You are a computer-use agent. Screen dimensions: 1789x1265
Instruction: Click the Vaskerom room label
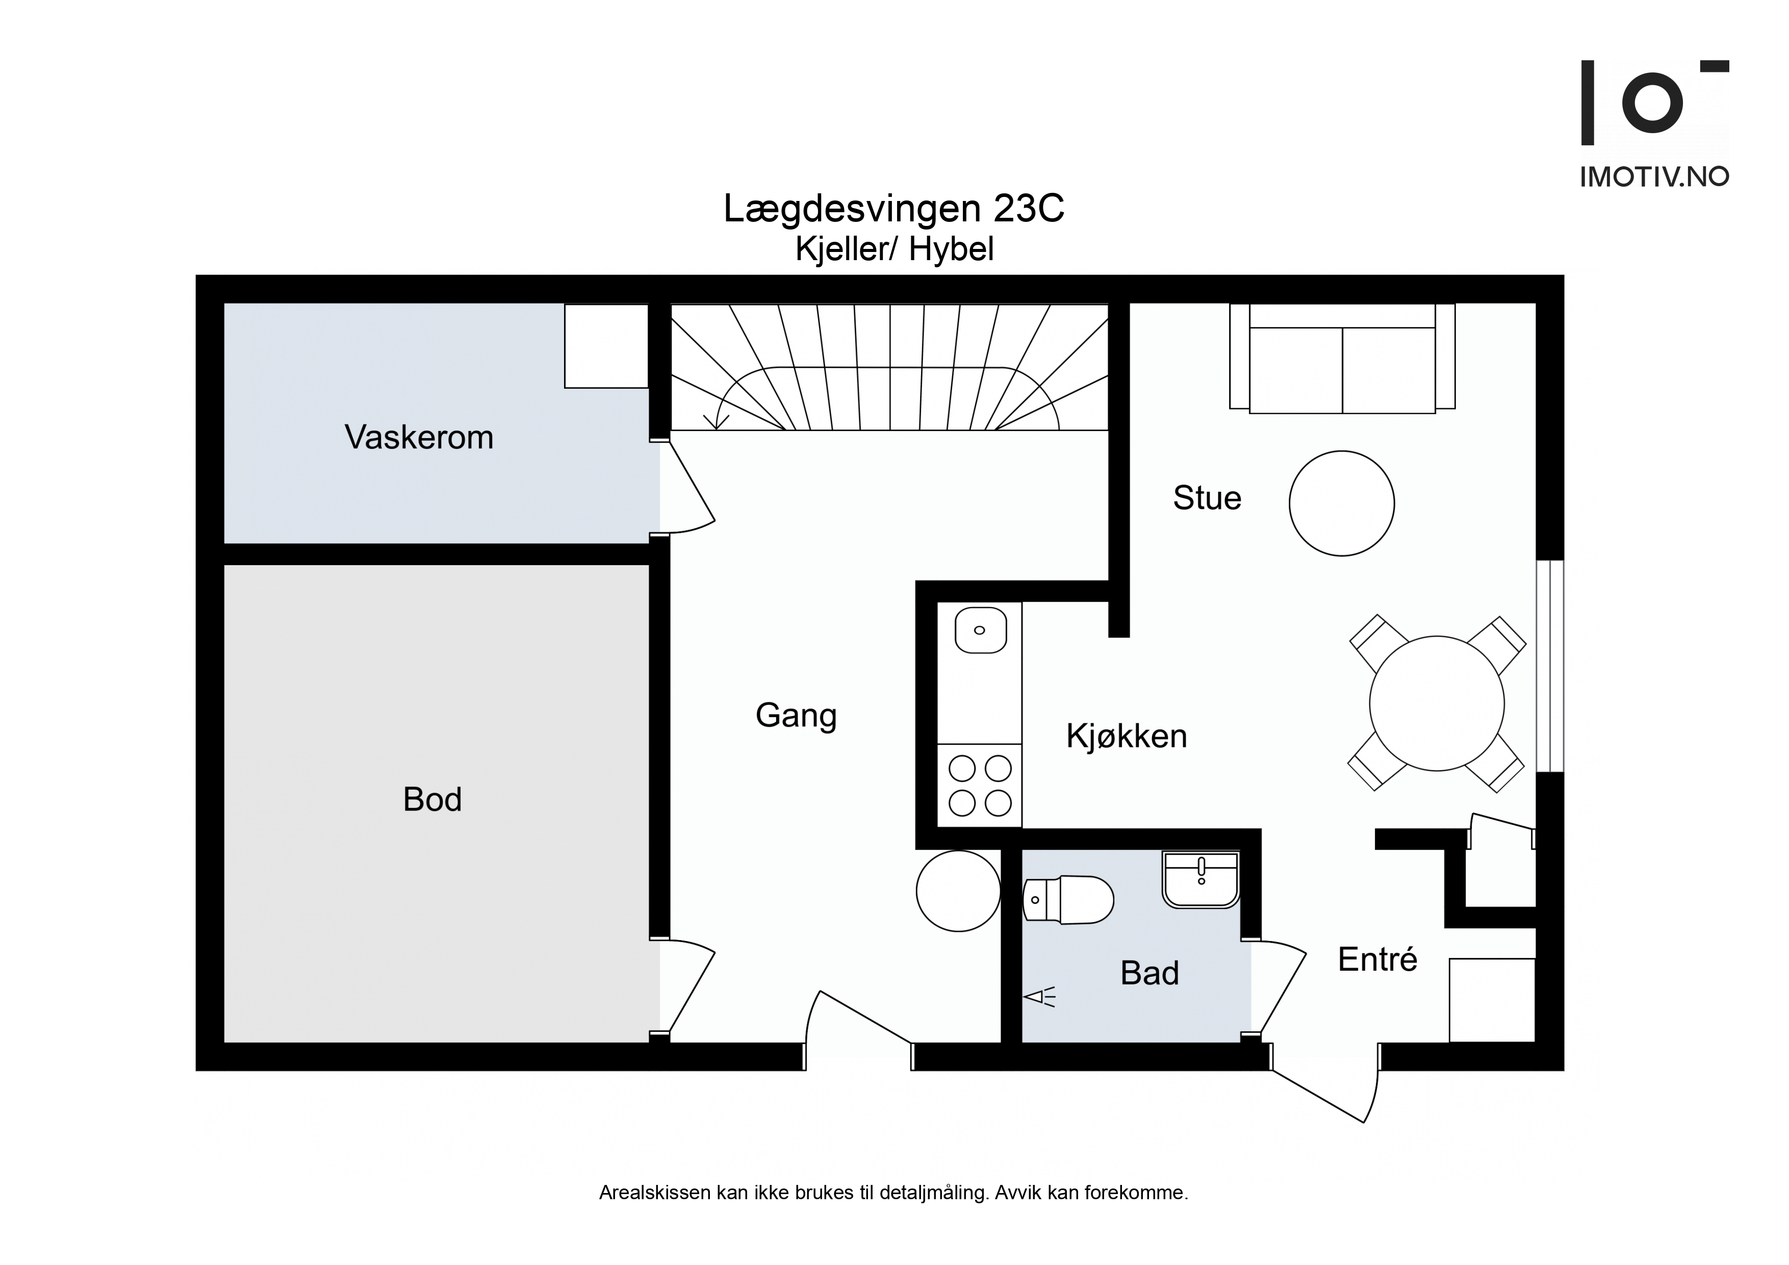pyautogui.click(x=419, y=437)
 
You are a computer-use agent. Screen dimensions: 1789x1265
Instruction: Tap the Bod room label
pyautogui.click(x=432, y=800)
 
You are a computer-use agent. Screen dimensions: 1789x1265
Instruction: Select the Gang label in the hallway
pyautogui.click(x=796, y=716)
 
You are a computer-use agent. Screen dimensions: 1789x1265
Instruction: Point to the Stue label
pyautogui.click(x=1207, y=498)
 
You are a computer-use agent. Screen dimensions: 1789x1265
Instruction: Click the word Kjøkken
pyautogui.click(x=1127, y=736)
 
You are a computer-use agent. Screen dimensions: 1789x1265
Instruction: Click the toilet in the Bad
pyautogui.click(x=1067, y=900)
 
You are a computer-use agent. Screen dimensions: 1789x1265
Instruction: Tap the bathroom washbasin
pyautogui.click(x=1200, y=880)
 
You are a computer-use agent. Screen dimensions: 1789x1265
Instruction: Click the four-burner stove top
pyautogui.click(x=980, y=786)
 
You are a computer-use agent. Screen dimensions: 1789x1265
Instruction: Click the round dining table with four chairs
pyautogui.click(x=1437, y=703)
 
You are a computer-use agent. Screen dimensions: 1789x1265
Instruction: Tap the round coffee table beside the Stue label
pyautogui.click(x=1342, y=503)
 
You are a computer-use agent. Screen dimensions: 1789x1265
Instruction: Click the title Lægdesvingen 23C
pyautogui.click(x=893, y=209)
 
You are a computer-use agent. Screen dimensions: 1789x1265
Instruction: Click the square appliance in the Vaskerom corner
pyautogui.click(x=606, y=345)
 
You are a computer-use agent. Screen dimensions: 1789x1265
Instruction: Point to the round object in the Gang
pyautogui.click(x=958, y=891)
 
